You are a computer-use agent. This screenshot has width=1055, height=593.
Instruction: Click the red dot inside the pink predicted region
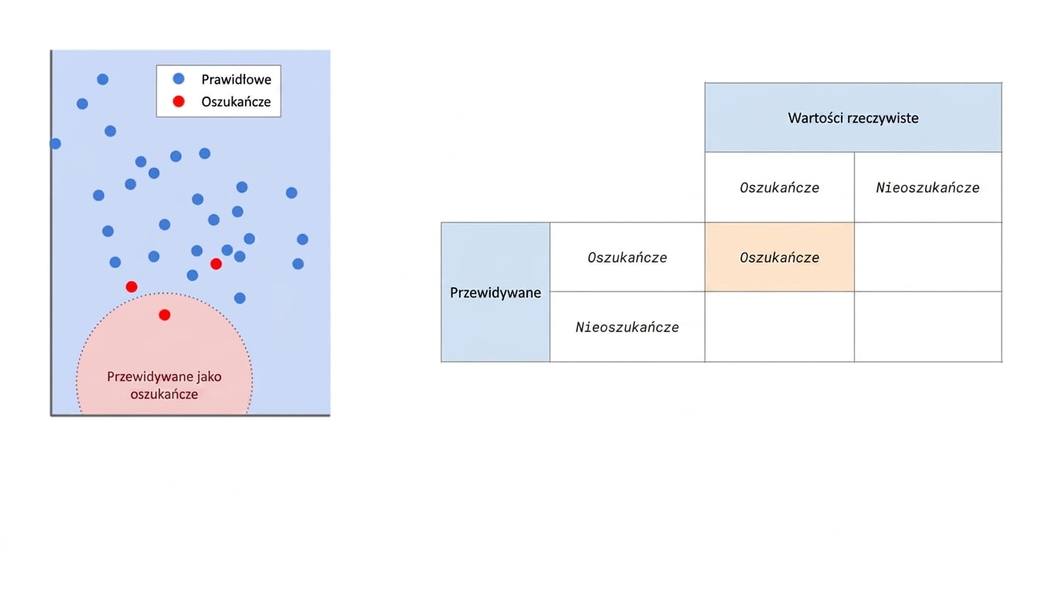point(165,315)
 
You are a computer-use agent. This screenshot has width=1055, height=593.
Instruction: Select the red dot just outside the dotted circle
point(131,286)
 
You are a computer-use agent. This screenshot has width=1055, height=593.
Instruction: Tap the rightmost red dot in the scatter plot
point(216,264)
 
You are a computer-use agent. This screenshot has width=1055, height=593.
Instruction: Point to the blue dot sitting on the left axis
point(55,144)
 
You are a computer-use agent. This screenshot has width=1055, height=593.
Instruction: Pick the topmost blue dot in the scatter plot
point(103,79)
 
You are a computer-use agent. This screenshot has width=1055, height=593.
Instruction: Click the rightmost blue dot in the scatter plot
point(302,239)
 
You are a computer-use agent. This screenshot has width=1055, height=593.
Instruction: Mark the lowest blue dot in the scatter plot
point(240,298)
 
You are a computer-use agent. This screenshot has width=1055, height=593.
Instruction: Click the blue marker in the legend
point(179,79)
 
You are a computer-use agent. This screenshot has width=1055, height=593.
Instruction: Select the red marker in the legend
point(179,101)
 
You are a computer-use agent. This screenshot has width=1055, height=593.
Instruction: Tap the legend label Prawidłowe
point(236,80)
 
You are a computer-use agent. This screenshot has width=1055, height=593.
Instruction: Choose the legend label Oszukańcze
point(236,102)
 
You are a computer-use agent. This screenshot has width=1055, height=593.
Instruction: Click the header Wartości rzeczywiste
point(853,117)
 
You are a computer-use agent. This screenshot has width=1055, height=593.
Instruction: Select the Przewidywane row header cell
point(495,293)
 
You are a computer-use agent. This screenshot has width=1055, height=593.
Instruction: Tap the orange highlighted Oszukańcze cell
point(780,257)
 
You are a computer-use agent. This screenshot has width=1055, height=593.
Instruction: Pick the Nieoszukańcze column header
point(927,188)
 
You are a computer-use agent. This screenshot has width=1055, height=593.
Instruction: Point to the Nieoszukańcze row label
point(628,327)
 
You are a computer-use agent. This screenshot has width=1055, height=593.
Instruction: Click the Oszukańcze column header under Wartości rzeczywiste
point(780,188)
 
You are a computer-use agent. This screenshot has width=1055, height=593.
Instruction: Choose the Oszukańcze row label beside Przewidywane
point(628,257)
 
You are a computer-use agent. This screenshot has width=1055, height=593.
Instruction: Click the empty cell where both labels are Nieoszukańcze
point(927,327)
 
